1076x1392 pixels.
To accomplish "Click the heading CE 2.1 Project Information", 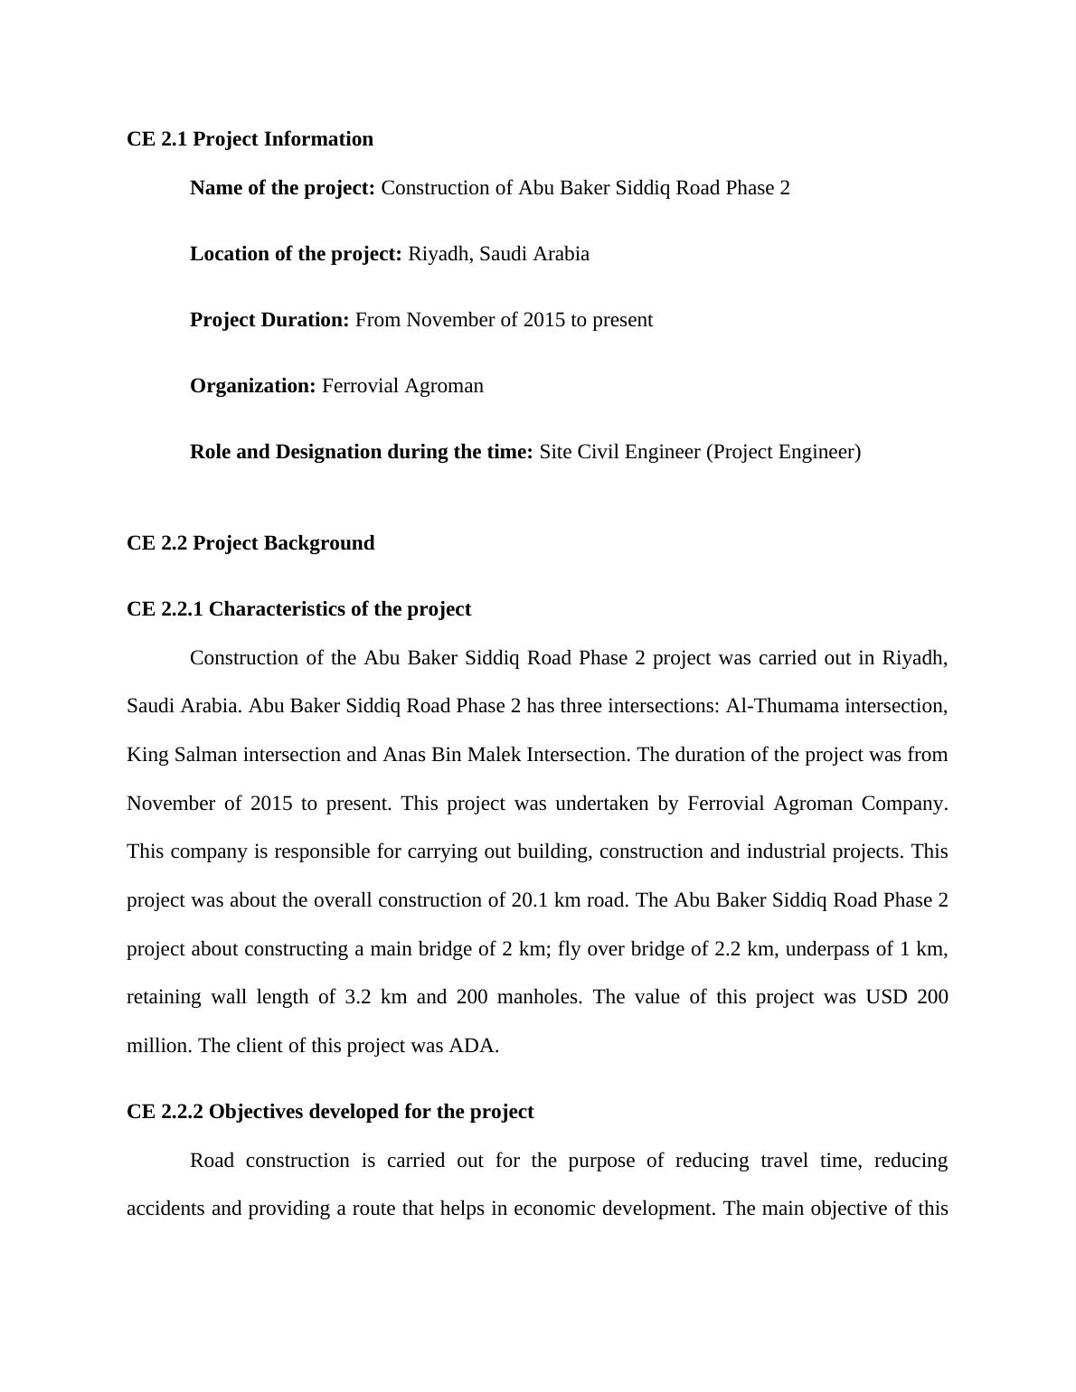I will point(250,139).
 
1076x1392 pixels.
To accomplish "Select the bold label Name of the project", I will point(282,188).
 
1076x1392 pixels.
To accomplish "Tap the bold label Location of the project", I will point(296,254).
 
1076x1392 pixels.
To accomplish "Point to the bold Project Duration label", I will point(269,320).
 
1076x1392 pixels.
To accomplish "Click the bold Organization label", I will point(252,386).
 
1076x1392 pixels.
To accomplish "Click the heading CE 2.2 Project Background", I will point(250,543).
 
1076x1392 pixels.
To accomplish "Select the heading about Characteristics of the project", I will point(298,609).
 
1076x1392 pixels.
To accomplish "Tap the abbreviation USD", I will point(886,997).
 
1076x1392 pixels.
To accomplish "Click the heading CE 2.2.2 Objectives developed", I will point(330,1112).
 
